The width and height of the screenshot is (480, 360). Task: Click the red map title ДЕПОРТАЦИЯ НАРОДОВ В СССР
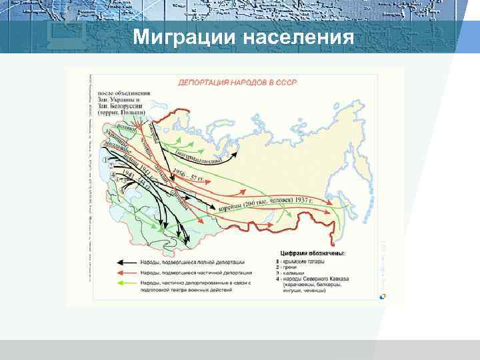point(237,83)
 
